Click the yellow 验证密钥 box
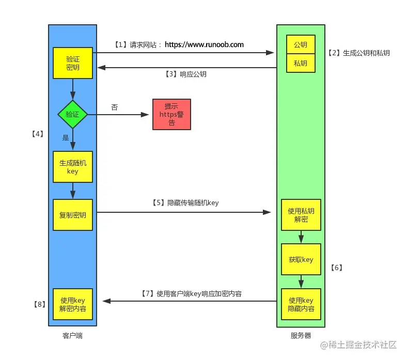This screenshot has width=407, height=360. click(x=73, y=63)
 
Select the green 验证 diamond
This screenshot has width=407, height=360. click(x=73, y=114)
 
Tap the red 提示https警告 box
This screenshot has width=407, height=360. click(x=171, y=114)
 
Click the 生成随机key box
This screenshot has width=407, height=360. click(x=73, y=167)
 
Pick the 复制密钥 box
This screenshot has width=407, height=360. click(x=73, y=214)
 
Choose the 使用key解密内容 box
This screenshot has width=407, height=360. click(x=73, y=304)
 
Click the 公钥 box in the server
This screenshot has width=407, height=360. click(x=301, y=45)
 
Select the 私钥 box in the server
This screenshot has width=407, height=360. click(x=301, y=63)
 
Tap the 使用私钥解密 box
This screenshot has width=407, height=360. click(x=301, y=215)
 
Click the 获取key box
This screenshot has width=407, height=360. click(x=301, y=259)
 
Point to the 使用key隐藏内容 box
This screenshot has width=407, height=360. click(x=301, y=304)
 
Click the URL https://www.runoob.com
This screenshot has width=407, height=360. click(x=204, y=45)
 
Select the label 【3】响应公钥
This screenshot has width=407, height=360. click(x=186, y=74)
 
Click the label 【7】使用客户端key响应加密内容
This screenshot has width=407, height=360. click(x=191, y=293)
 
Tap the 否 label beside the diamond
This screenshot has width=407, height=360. click(x=115, y=107)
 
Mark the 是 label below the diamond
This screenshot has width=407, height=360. click(x=66, y=138)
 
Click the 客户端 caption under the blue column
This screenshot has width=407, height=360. click(x=72, y=336)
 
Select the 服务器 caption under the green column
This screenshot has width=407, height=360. click(x=301, y=336)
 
